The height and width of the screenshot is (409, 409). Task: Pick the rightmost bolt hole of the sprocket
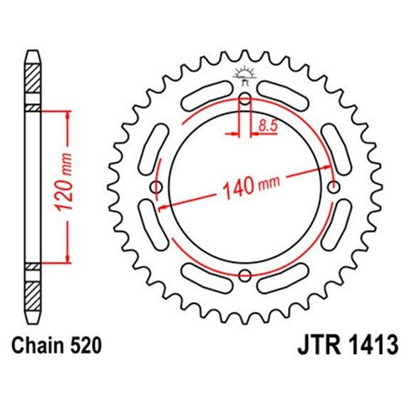[332, 187]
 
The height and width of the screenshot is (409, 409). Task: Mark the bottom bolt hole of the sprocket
[244, 275]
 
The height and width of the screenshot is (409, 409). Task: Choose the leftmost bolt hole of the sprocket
[157, 187]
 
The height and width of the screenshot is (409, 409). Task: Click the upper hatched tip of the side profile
[33, 78]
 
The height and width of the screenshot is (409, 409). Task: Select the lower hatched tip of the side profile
[33, 296]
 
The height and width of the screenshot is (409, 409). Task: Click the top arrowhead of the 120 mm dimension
[68, 114]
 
